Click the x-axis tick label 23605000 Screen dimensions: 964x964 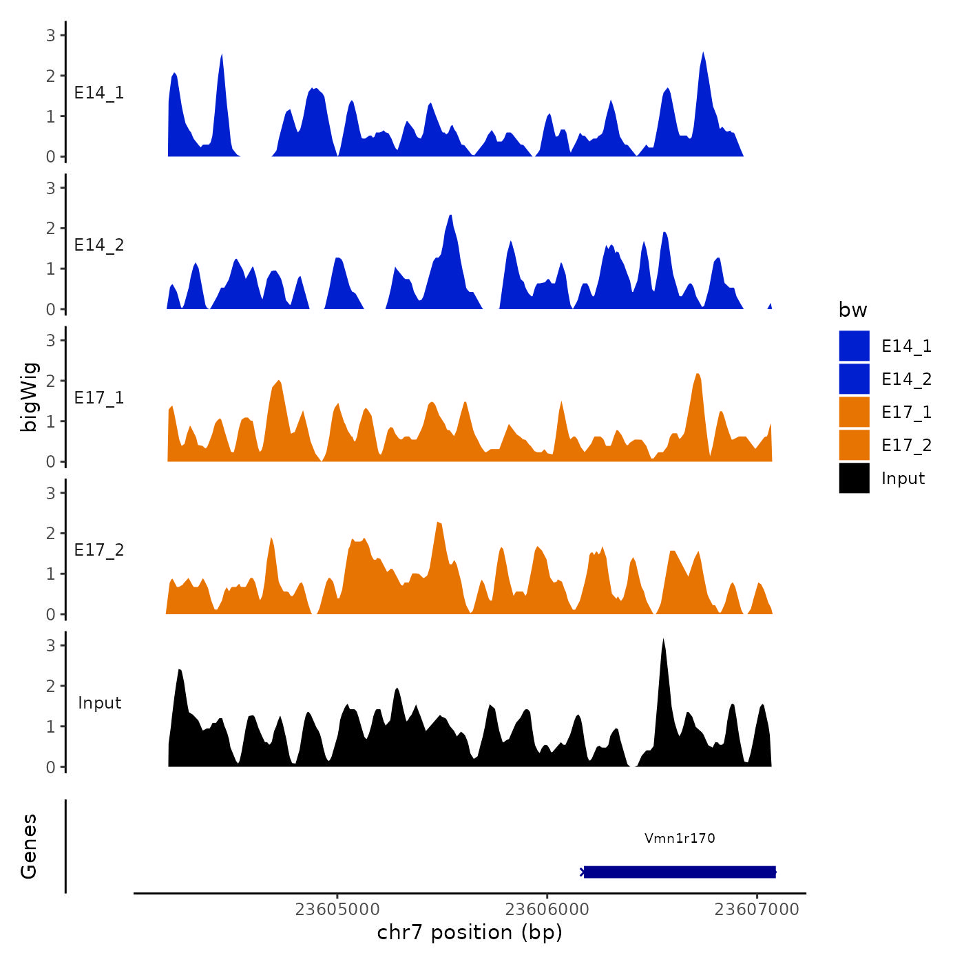click(x=337, y=910)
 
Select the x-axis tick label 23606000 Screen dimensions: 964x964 click(x=547, y=910)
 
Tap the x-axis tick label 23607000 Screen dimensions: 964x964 click(x=757, y=910)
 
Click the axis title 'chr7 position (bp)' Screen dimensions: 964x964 click(x=470, y=932)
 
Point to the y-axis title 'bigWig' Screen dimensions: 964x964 click(x=30, y=397)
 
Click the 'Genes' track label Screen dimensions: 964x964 click(x=29, y=846)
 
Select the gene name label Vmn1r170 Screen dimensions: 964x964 click(x=680, y=838)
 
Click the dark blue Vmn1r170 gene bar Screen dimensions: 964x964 click(x=680, y=872)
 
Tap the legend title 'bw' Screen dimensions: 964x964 click(x=852, y=310)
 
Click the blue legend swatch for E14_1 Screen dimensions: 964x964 click(x=854, y=346)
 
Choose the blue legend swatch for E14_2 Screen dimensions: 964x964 click(x=854, y=379)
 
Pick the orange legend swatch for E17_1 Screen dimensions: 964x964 click(x=854, y=412)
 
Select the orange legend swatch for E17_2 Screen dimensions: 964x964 click(x=854, y=445)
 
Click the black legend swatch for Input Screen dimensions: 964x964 click(x=854, y=478)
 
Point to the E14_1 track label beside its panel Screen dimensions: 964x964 click(x=99, y=93)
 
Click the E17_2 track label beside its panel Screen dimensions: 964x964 click(x=99, y=549)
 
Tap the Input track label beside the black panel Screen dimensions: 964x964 click(x=99, y=702)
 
